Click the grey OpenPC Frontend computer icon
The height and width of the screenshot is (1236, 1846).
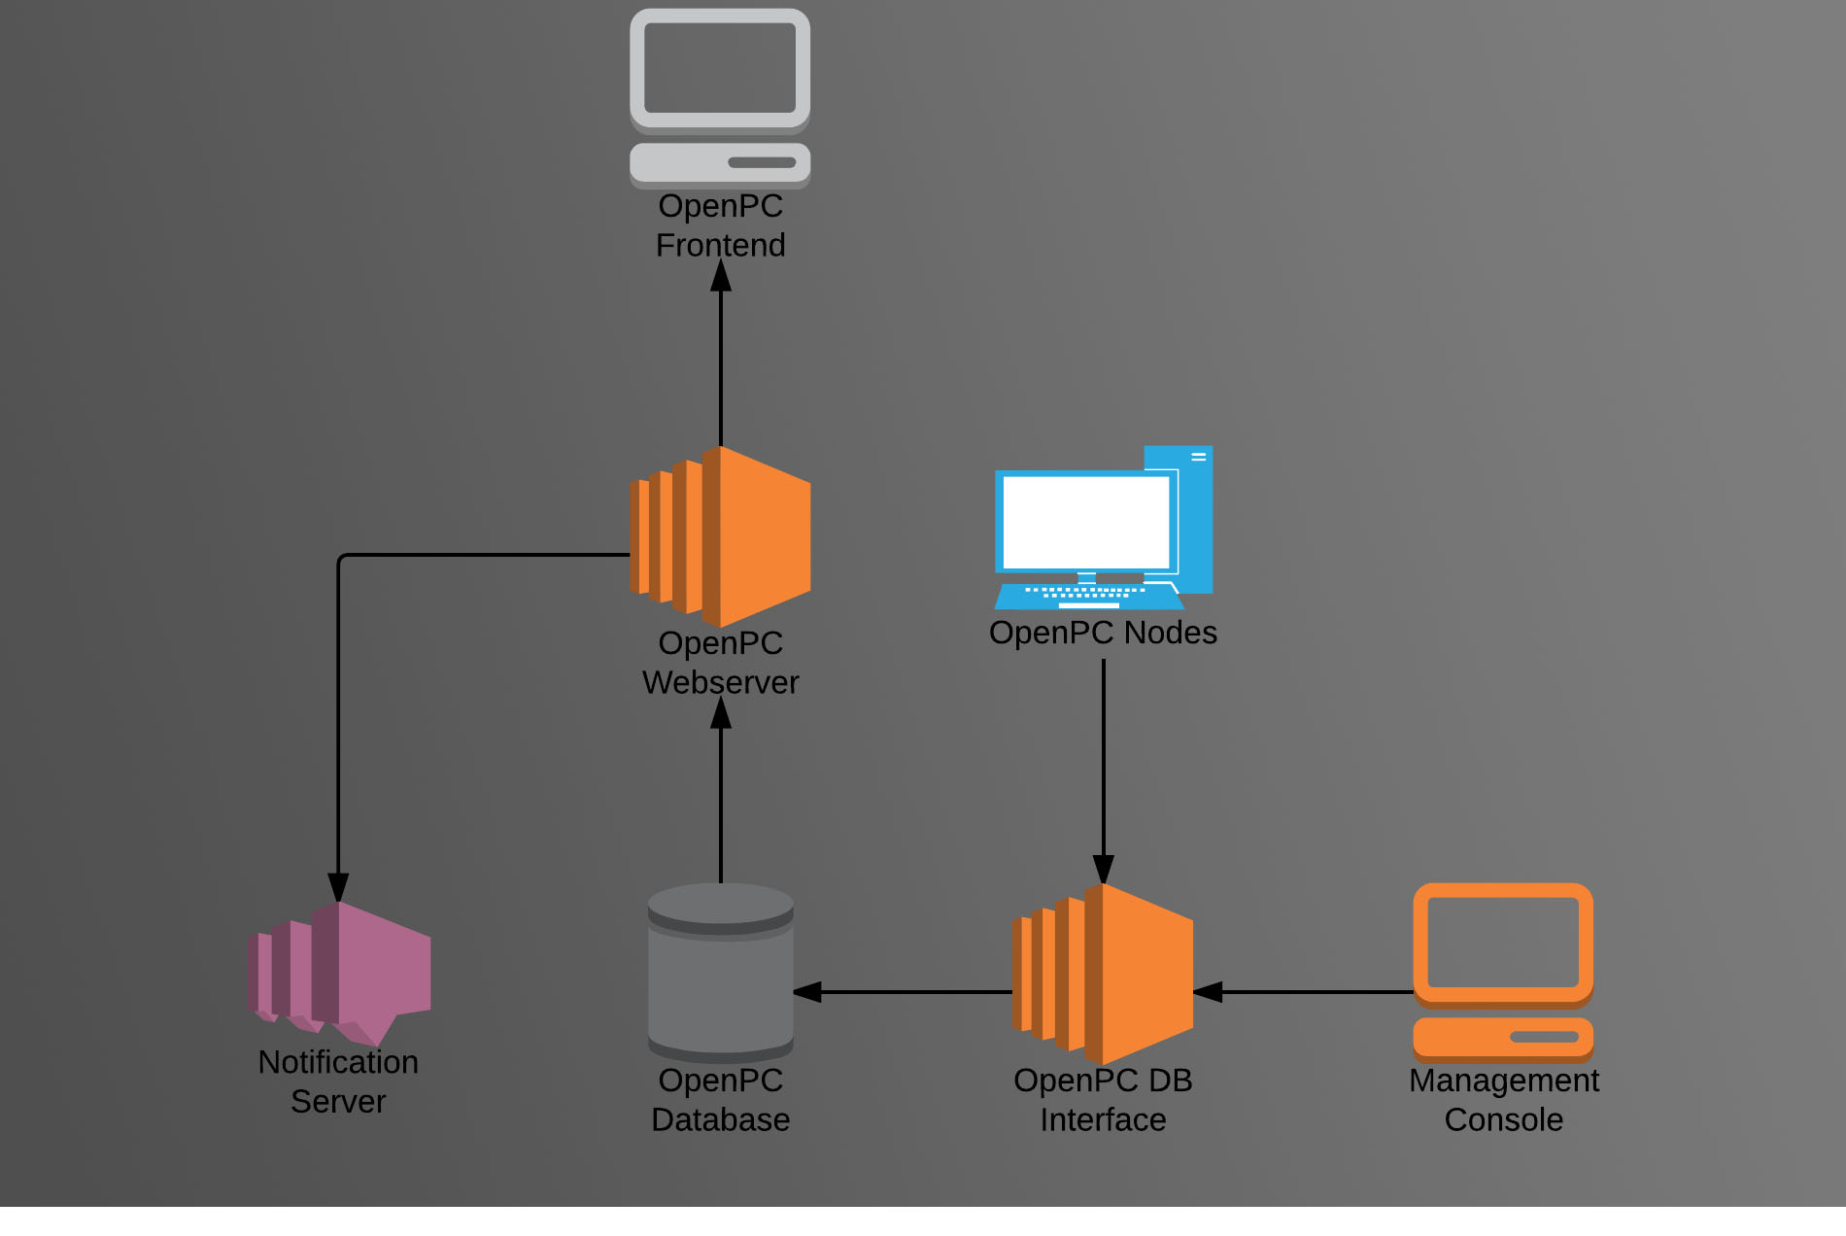pos(720,97)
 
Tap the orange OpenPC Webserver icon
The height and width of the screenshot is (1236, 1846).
pos(721,536)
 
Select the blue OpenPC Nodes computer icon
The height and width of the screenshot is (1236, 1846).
pos(1103,528)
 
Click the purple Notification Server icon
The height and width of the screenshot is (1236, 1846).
pos(339,973)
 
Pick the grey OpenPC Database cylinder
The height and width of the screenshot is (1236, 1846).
pos(721,972)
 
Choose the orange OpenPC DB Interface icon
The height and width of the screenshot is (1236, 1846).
pos(1103,974)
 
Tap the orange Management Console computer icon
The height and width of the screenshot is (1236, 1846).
pos(1503,972)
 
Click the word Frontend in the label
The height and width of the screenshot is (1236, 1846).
pos(720,245)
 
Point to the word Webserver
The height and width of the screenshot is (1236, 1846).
pos(720,682)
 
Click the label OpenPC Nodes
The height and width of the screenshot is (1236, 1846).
pos(1103,633)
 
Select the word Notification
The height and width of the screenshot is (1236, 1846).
pos(338,1062)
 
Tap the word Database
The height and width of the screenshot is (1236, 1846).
pos(720,1119)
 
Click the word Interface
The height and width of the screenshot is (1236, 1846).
pos(1103,1119)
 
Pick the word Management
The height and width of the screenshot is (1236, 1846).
pos(1503,1081)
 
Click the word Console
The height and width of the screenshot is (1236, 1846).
pos(1503,1119)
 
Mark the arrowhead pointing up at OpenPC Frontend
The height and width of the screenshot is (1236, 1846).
pos(721,277)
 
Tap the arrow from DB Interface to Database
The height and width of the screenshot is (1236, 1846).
pos(904,992)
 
